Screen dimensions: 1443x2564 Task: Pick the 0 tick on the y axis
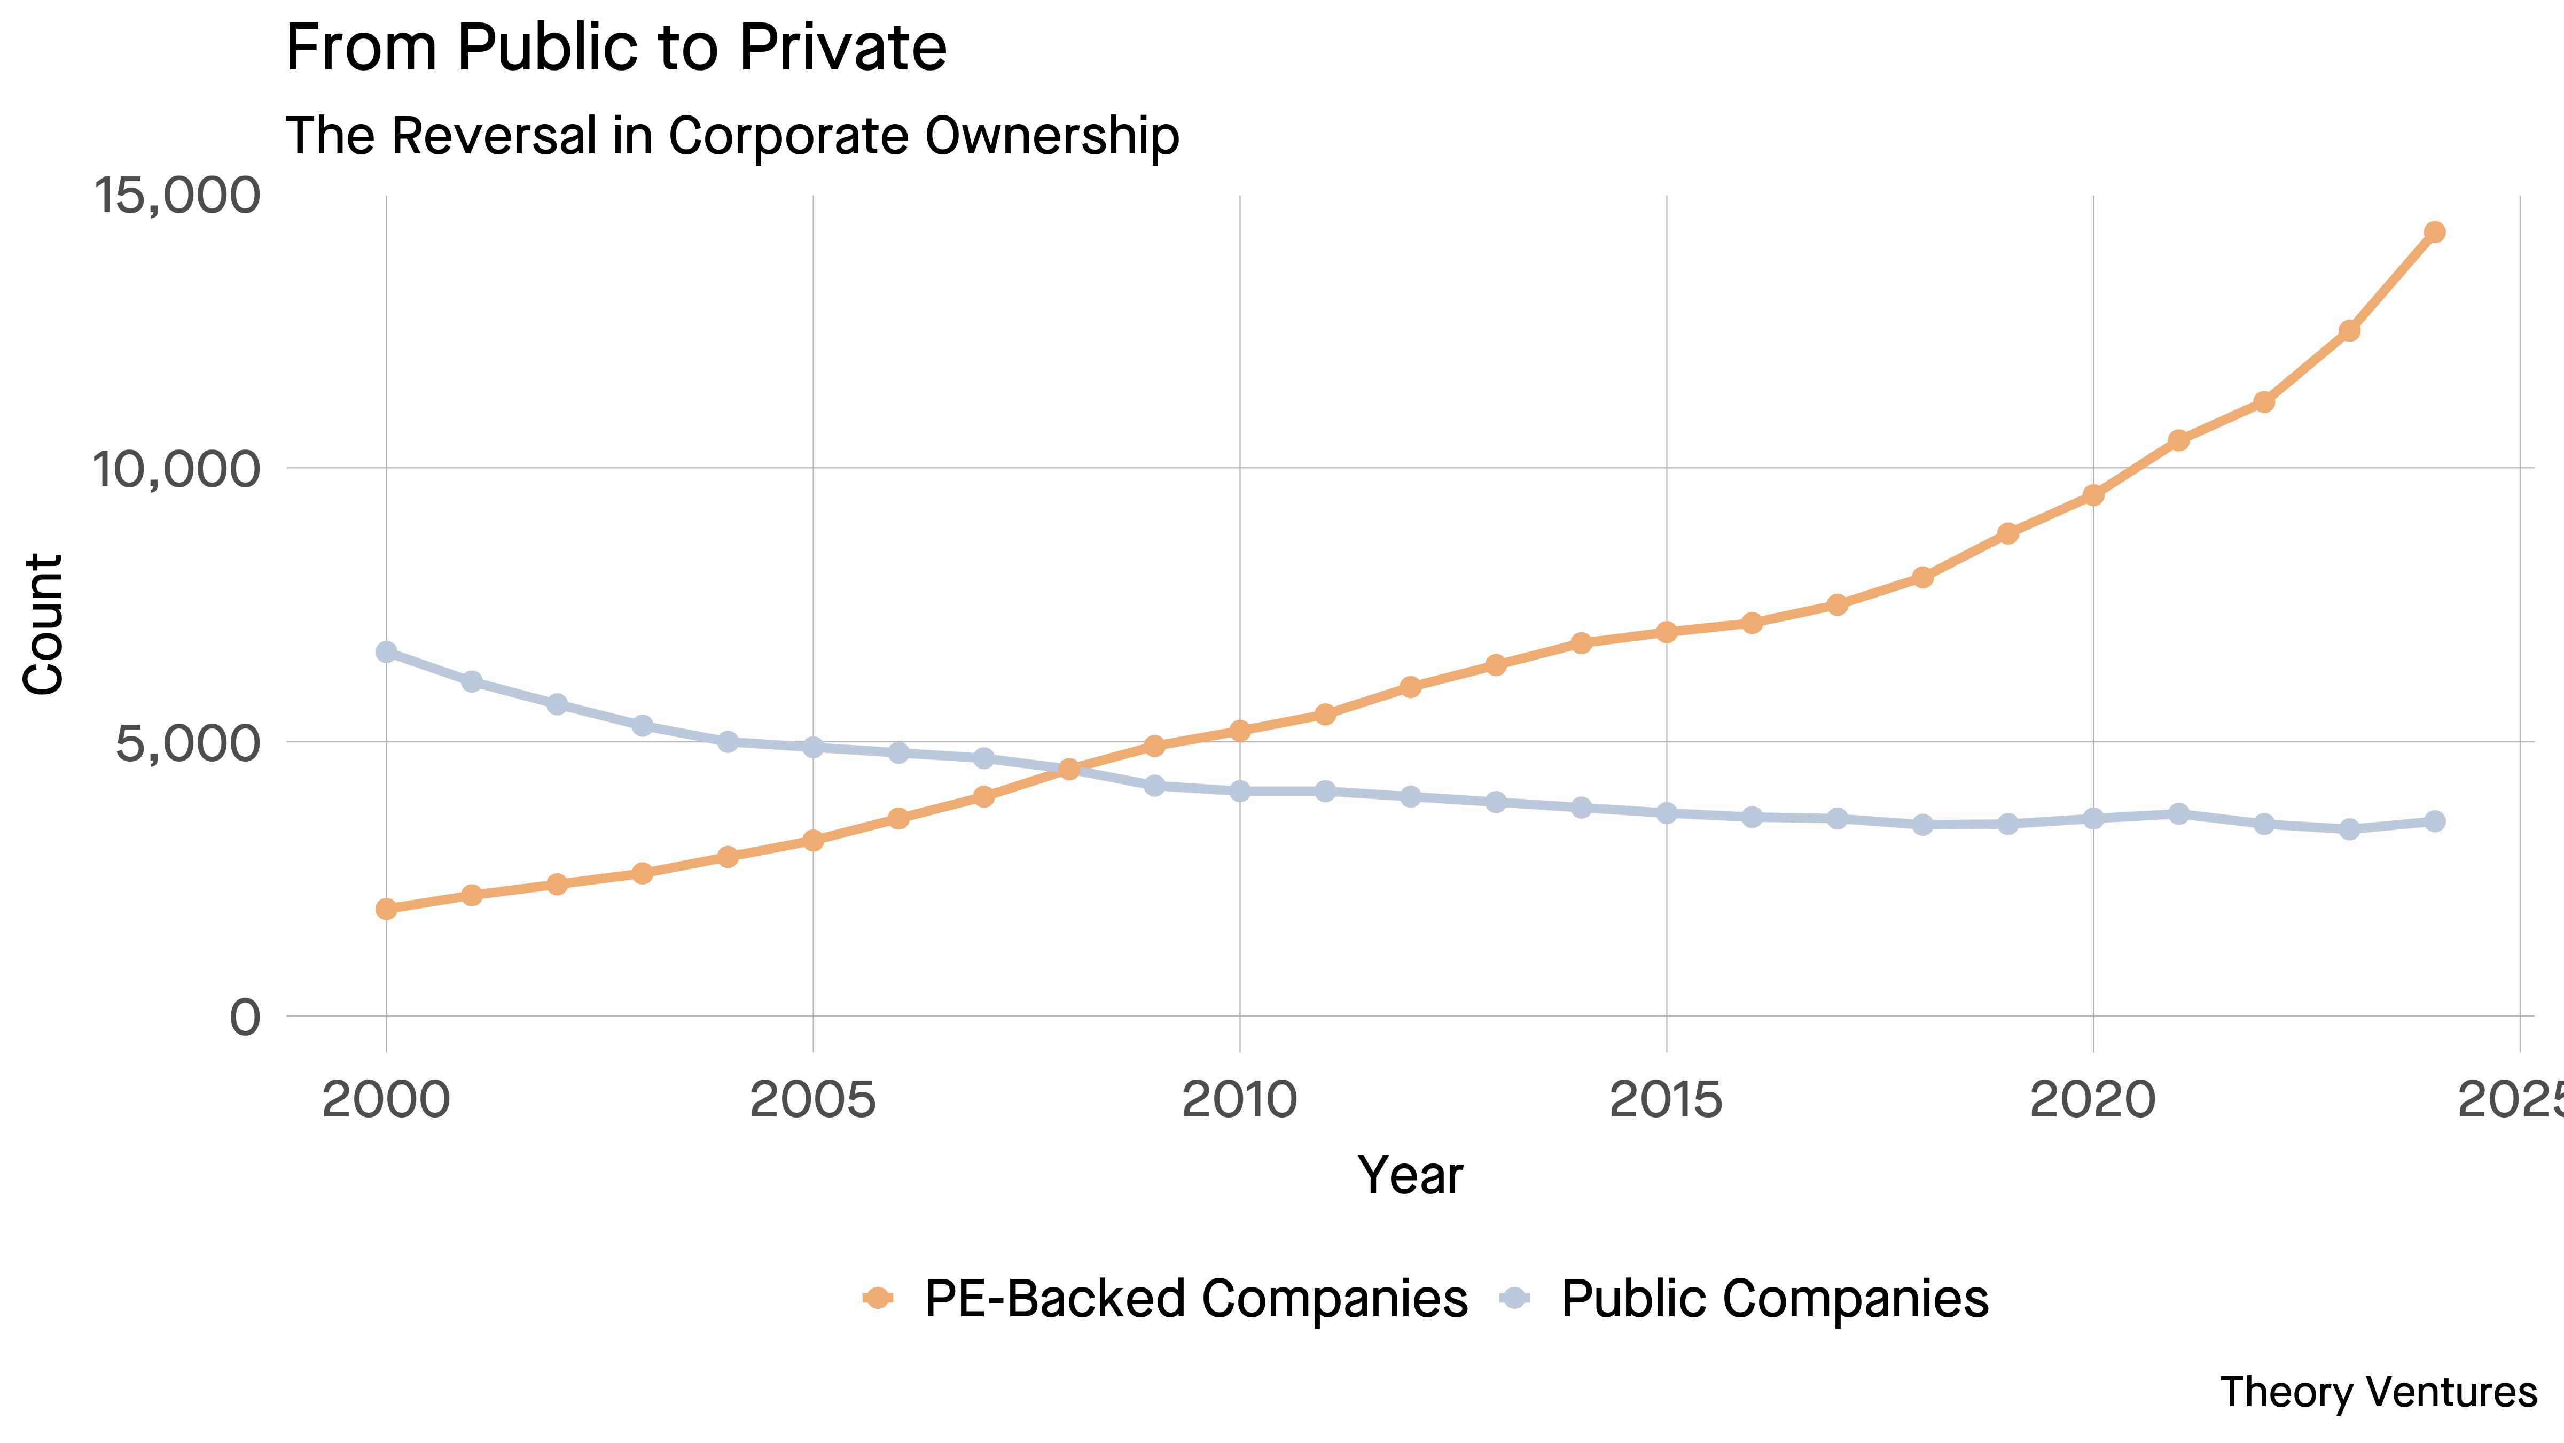pyautogui.click(x=245, y=1018)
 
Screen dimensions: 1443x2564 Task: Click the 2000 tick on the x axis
pyautogui.click(x=386, y=1100)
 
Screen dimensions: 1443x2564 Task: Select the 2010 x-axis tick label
pyautogui.click(x=1239, y=1100)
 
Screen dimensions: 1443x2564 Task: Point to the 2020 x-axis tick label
pyautogui.click(x=2092, y=1100)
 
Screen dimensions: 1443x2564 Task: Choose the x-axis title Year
pyautogui.click(x=1410, y=1175)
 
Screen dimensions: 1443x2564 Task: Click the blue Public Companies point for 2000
pyautogui.click(x=386, y=652)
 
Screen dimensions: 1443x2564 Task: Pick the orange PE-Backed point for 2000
pyautogui.click(x=386, y=908)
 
